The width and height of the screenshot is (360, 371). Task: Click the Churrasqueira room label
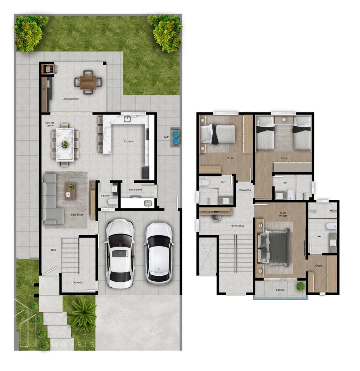[x=71, y=99]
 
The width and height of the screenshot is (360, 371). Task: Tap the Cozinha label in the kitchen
[x=129, y=141]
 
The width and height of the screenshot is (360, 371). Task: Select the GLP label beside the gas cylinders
[x=166, y=137]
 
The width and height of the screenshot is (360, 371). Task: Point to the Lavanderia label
[x=136, y=189]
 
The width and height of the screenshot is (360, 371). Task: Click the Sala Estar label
[x=77, y=215]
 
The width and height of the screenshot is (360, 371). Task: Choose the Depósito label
[x=78, y=282]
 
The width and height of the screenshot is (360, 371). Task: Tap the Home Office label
[x=237, y=225]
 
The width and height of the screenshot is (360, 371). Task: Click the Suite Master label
[x=283, y=214]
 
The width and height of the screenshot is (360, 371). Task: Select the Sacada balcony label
[x=280, y=290]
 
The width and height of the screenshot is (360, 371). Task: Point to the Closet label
[x=319, y=266]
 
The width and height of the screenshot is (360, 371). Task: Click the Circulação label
[x=245, y=190]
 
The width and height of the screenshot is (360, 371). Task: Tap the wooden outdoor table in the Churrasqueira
[x=88, y=82]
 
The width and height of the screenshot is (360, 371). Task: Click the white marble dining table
[x=65, y=145]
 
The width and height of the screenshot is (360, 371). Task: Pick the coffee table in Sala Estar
[x=70, y=191]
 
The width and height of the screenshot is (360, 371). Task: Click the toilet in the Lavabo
[x=112, y=202]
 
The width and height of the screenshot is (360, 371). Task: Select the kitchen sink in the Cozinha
[x=127, y=119]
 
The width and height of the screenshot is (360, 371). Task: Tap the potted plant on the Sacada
[x=301, y=286]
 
